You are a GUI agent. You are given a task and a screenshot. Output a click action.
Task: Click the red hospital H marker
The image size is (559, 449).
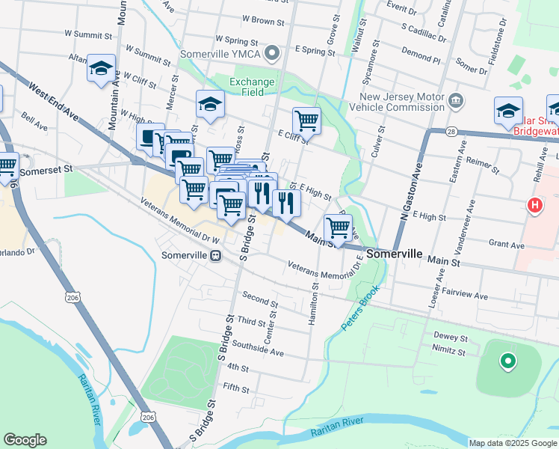click(535, 205)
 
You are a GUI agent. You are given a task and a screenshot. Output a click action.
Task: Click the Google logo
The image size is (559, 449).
click(25, 440)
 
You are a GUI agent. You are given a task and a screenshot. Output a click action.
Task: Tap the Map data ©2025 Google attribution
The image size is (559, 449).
click(512, 443)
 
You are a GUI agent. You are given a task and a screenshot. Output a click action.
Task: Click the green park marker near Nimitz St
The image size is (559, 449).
click(508, 362)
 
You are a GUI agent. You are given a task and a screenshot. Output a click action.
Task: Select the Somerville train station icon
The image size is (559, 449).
click(216, 255)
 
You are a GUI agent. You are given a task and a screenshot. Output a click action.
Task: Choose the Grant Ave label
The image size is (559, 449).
click(506, 245)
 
